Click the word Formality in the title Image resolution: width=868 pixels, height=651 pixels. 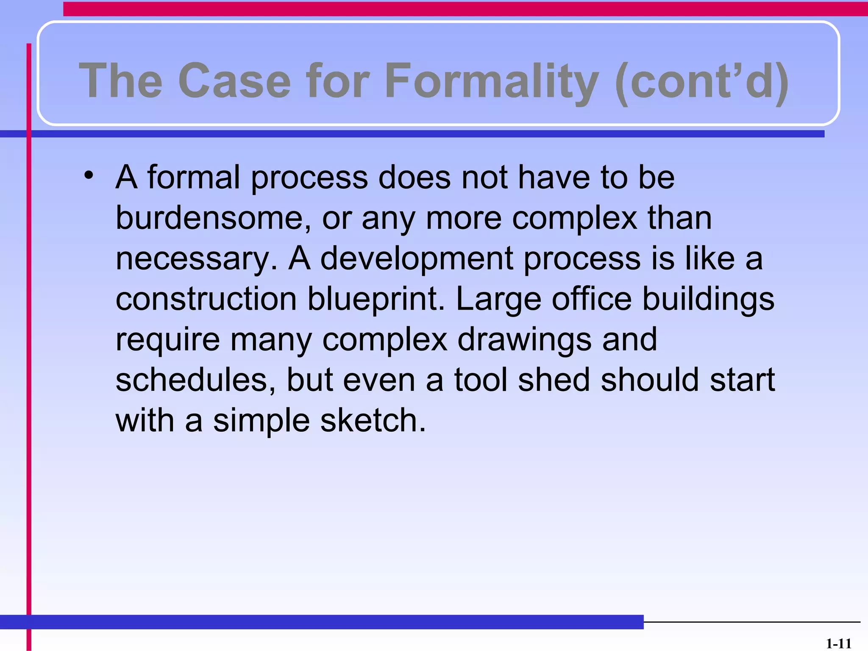[492, 81]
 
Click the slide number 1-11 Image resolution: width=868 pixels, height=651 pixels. [838, 644]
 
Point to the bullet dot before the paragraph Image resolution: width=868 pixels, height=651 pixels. [88, 175]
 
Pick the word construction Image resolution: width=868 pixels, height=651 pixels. [206, 299]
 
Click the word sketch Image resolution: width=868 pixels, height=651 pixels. [373, 420]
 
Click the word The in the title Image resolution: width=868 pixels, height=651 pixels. [121, 81]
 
